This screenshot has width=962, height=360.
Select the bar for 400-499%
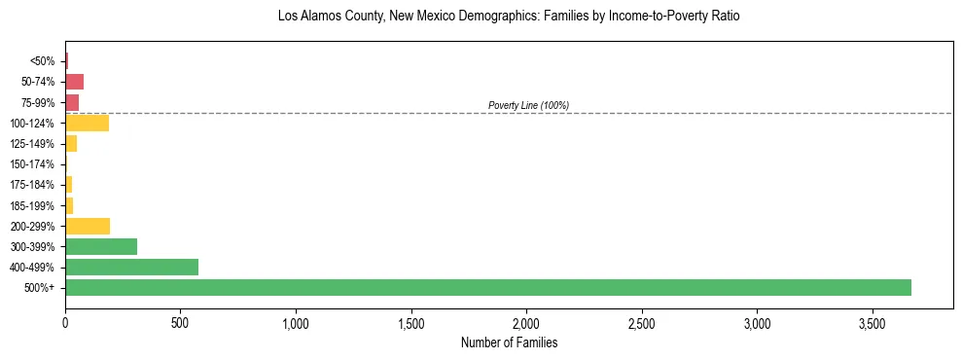click(x=131, y=267)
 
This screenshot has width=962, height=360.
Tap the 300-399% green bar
click(x=101, y=246)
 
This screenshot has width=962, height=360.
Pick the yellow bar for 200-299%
click(x=88, y=226)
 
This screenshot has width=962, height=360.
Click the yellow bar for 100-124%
click(x=87, y=123)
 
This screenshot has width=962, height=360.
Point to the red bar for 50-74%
click(x=74, y=82)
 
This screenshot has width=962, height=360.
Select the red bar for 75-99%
click(x=72, y=102)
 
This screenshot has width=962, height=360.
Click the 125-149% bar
click(x=71, y=143)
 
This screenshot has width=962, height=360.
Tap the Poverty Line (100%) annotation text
click(x=528, y=105)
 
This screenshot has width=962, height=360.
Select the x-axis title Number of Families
click(x=509, y=342)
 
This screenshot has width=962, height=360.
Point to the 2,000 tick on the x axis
click(x=526, y=321)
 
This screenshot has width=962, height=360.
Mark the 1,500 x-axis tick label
click(x=410, y=321)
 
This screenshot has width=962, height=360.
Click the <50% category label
click(x=44, y=61)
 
